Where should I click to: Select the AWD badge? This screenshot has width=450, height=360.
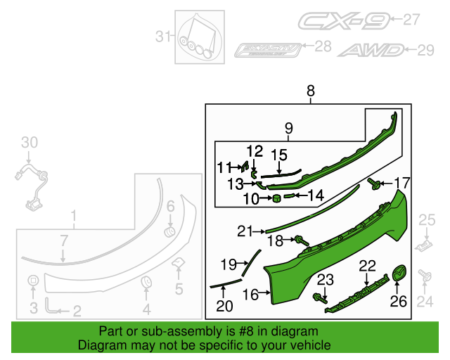(x=371, y=50)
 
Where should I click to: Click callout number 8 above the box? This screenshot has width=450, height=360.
(x=310, y=91)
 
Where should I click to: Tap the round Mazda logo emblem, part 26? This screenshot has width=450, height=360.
(x=399, y=274)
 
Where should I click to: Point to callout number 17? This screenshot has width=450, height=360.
(x=401, y=184)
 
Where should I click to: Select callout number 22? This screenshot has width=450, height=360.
(x=367, y=265)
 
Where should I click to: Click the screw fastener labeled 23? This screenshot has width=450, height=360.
(x=323, y=297)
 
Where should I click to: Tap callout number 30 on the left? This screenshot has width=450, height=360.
(x=28, y=143)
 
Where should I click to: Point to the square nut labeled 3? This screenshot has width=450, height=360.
(x=32, y=282)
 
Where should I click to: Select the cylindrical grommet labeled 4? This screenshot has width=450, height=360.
(x=147, y=283)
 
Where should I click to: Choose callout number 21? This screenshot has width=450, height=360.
(x=244, y=231)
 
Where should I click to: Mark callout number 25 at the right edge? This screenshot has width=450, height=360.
(x=427, y=221)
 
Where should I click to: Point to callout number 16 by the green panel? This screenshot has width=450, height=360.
(x=250, y=295)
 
